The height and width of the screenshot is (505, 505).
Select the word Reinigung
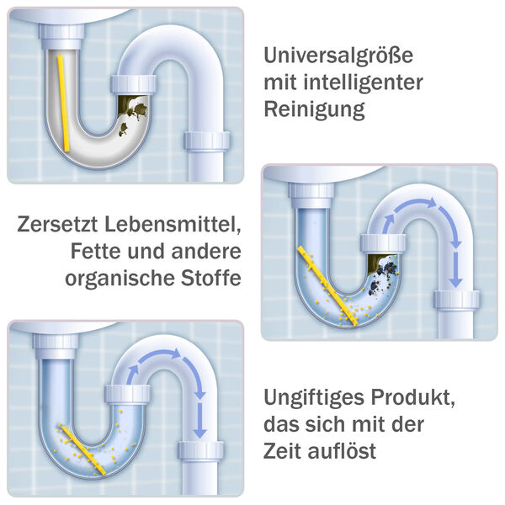[315, 109]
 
